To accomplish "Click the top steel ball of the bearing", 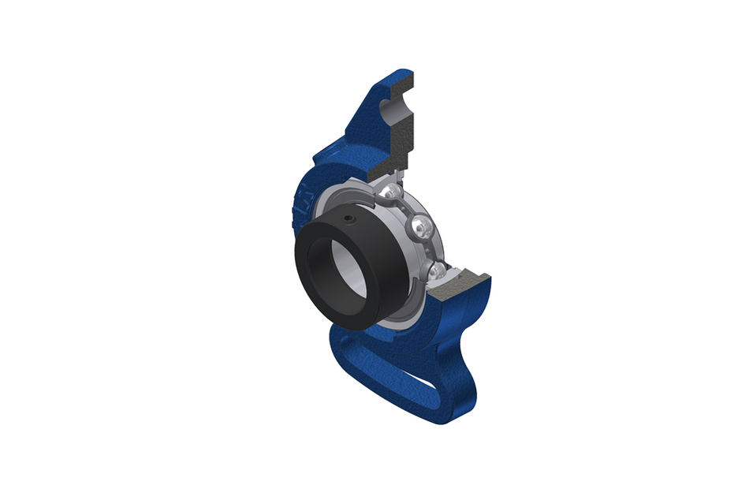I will pos(387,192).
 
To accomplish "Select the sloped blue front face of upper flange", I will pos(359,118).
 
